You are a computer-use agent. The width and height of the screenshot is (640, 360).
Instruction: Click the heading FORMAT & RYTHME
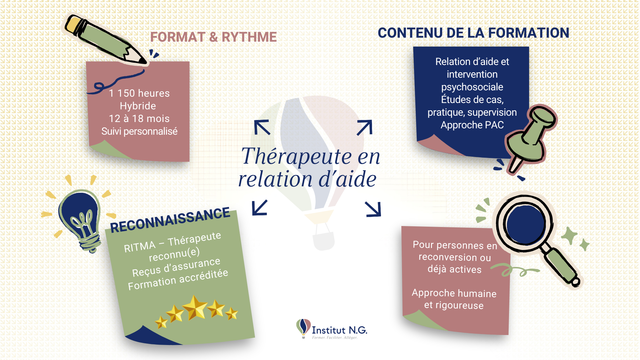(213, 37)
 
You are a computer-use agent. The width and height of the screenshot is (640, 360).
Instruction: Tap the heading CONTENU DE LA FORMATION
(473, 33)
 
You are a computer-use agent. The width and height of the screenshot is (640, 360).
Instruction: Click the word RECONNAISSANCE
(170, 220)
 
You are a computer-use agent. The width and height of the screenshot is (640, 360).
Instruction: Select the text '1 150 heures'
(139, 93)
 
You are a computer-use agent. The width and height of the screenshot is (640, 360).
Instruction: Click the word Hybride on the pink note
(138, 106)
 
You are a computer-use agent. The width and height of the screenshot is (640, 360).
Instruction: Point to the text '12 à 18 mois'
(139, 119)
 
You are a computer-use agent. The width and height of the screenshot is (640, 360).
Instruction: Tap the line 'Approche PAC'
(472, 125)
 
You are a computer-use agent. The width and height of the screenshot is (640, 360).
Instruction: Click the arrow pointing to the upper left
(262, 127)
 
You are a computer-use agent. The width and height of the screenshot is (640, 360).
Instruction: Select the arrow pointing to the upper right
(365, 127)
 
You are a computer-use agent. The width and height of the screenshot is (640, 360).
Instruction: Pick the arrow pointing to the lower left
(260, 208)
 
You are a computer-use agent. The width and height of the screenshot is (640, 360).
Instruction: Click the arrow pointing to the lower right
(373, 209)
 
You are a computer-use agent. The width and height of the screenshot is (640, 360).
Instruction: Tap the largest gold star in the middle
(195, 307)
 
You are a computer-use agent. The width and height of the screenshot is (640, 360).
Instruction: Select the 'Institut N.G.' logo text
(339, 330)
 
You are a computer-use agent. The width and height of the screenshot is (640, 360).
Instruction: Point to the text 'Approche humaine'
(454, 293)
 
